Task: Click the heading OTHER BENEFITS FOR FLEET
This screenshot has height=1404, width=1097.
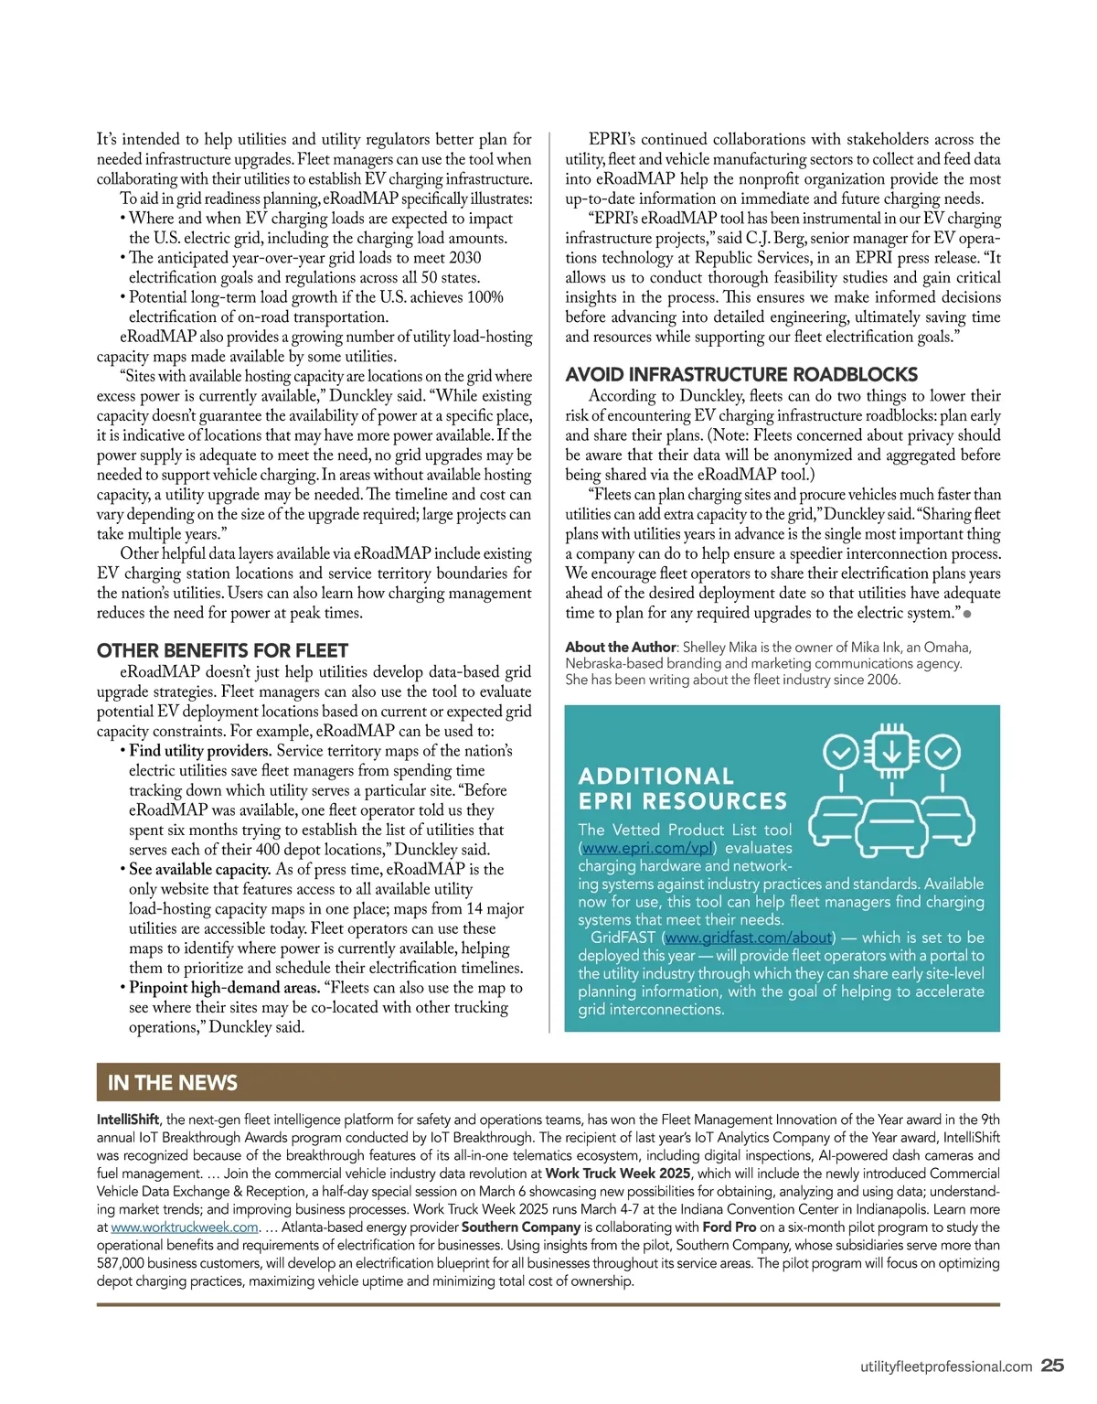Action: (x=222, y=651)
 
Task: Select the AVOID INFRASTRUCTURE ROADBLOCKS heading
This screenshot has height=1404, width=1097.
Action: (x=741, y=374)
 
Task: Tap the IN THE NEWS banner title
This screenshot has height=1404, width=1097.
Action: (x=172, y=1083)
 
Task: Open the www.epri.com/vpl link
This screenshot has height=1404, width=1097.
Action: (x=647, y=848)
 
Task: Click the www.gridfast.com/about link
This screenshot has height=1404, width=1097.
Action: (x=748, y=938)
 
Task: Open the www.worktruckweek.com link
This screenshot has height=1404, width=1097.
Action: (x=185, y=1227)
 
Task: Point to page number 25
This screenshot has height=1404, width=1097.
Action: (x=1053, y=1366)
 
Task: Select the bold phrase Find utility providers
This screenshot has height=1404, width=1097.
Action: (x=200, y=751)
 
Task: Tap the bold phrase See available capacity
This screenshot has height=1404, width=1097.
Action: (x=199, y=869)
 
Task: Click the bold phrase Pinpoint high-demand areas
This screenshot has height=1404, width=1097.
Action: (x=224, y=988)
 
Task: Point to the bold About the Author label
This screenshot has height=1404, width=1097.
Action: (x=620, y=648)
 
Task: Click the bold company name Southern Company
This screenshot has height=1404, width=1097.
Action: (x=520, y=1227)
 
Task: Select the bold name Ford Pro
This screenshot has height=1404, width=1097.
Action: (x=729, y=1227)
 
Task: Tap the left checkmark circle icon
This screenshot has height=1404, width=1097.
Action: (x=841, y=753)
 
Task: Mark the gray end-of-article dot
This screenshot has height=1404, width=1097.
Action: (x=967, y=614)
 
